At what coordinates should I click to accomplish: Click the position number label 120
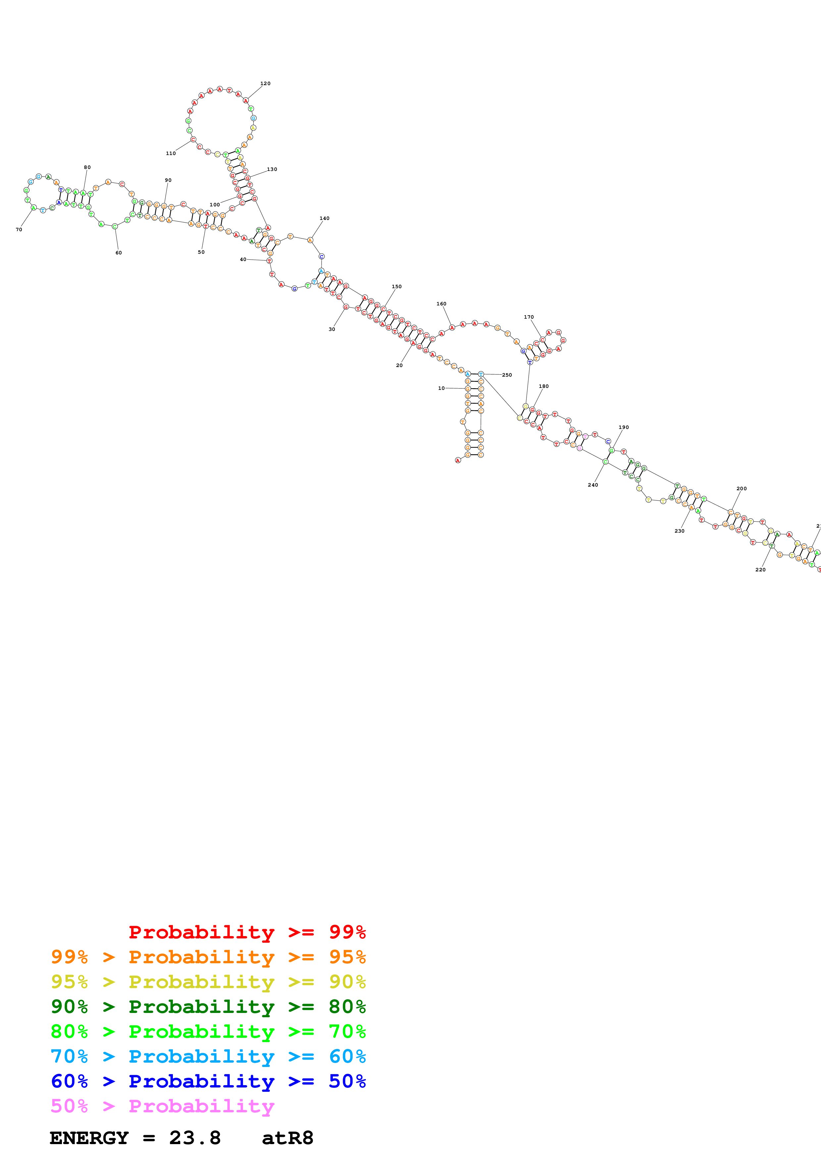pyautogui.click(x=265, y=83)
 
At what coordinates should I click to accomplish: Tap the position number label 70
pyautogui.click(x=19, y=230)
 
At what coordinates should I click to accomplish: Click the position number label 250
pyautogui.click(x=507, y=375)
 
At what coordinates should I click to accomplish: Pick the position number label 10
pyautogui.click(x=441, y=388)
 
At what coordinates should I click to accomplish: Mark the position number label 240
pyautogui.click(x=592, y=485)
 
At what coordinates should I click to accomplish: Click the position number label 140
pyautogui.click(x=324, y=219)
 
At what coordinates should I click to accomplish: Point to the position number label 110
pyautogui.click(x=171, y=153)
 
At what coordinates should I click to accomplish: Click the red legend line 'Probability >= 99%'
pyautogui.click(x=247, y=932)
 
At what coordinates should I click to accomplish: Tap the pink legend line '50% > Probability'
pyautogui.click(x=162, y=1106)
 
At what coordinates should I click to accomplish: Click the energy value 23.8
pyautogui.click(x=195, y=1138)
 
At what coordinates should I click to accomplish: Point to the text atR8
pyautogui.click(x=287, y=1138)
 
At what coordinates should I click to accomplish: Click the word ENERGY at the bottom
pyautogui.click(x=89, y=1138)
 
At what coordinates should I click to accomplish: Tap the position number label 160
pyautogui.click(x=441, y=304)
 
